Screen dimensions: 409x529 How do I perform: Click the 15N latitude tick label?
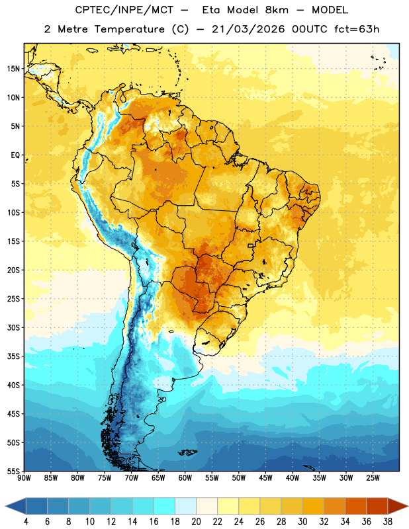click(x=13, y=69)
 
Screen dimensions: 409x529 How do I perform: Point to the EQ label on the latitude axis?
click(x=15, y=155)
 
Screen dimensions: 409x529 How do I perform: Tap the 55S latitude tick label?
click(x=13, y=471)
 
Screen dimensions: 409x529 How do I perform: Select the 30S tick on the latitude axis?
click(x=13, y=327)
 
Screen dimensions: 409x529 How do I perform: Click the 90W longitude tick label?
click(x=24, y=478)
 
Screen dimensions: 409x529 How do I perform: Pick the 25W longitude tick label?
click(x=373, y=478)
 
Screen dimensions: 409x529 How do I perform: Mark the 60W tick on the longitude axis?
click(x=185, y=478)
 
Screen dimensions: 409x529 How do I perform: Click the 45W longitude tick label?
click(x=265, y=478)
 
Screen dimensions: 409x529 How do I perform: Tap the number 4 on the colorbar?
click(x=26, y=522)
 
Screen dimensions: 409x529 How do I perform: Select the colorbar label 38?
click(x=387, y=522)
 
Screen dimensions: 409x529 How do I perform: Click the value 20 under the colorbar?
click(x=196, y=522)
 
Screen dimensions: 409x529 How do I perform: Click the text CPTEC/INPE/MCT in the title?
click(x=124, y=10)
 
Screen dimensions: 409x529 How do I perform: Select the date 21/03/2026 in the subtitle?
click(x=249, y=29)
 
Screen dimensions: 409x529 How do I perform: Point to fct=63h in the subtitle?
click(x=357, y=29)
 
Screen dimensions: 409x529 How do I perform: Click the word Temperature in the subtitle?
click(x=129, y=29)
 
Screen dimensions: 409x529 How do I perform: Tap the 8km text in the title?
click(x=277, y=10)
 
